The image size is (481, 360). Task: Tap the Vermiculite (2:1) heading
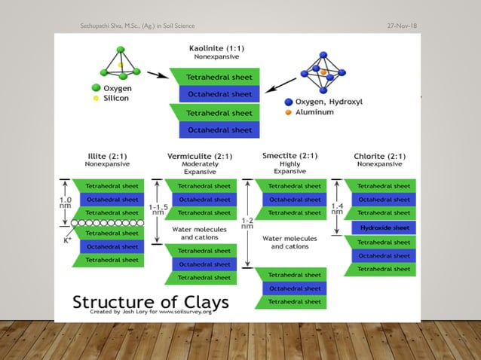pos(199,156)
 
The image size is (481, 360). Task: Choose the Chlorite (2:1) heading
pos(379,156)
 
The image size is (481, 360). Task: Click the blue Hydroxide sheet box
pos(384,227)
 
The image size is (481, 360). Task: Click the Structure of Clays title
pos(151,302)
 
